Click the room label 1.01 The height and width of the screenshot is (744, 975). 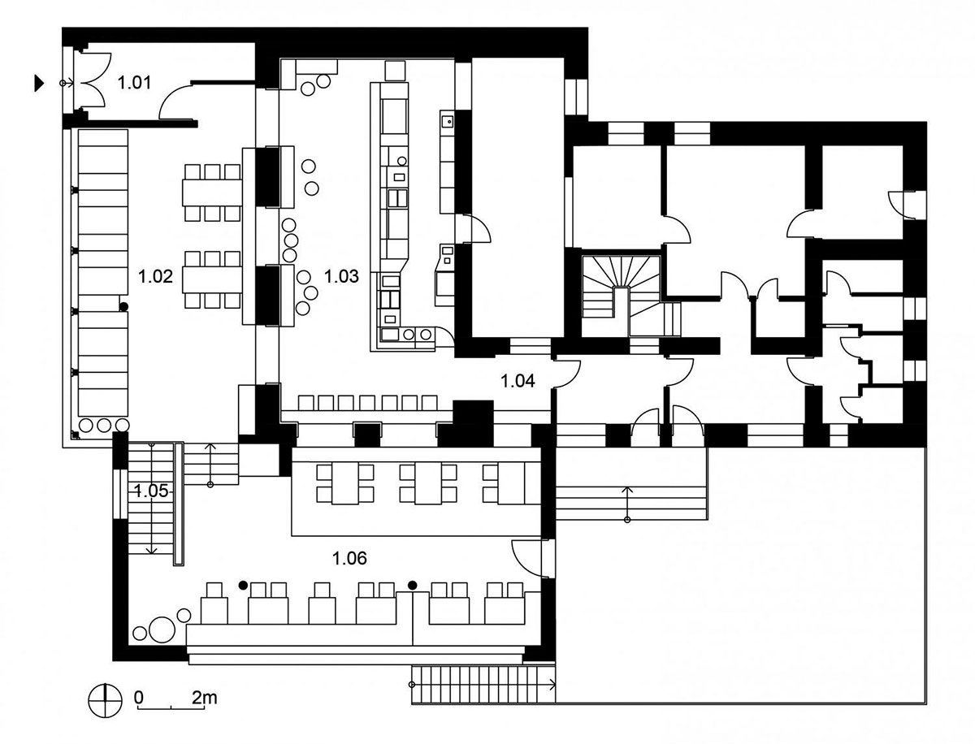coord(134,83)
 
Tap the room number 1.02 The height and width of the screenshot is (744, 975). coord(155,276)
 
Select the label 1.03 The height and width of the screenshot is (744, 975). coord(341,276)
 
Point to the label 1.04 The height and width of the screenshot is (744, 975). coord(518,380)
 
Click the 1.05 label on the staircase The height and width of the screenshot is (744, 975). coord(151,491)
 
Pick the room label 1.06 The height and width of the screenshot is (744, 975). coord(350,558)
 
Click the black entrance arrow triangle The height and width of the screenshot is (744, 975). coord(40,83)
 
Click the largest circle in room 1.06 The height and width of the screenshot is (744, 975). coord(162,629)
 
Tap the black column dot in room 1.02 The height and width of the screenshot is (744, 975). coord(124,306)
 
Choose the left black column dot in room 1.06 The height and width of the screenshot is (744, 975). coord(242,585)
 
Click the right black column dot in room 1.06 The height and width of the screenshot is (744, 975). coord(413,585)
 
